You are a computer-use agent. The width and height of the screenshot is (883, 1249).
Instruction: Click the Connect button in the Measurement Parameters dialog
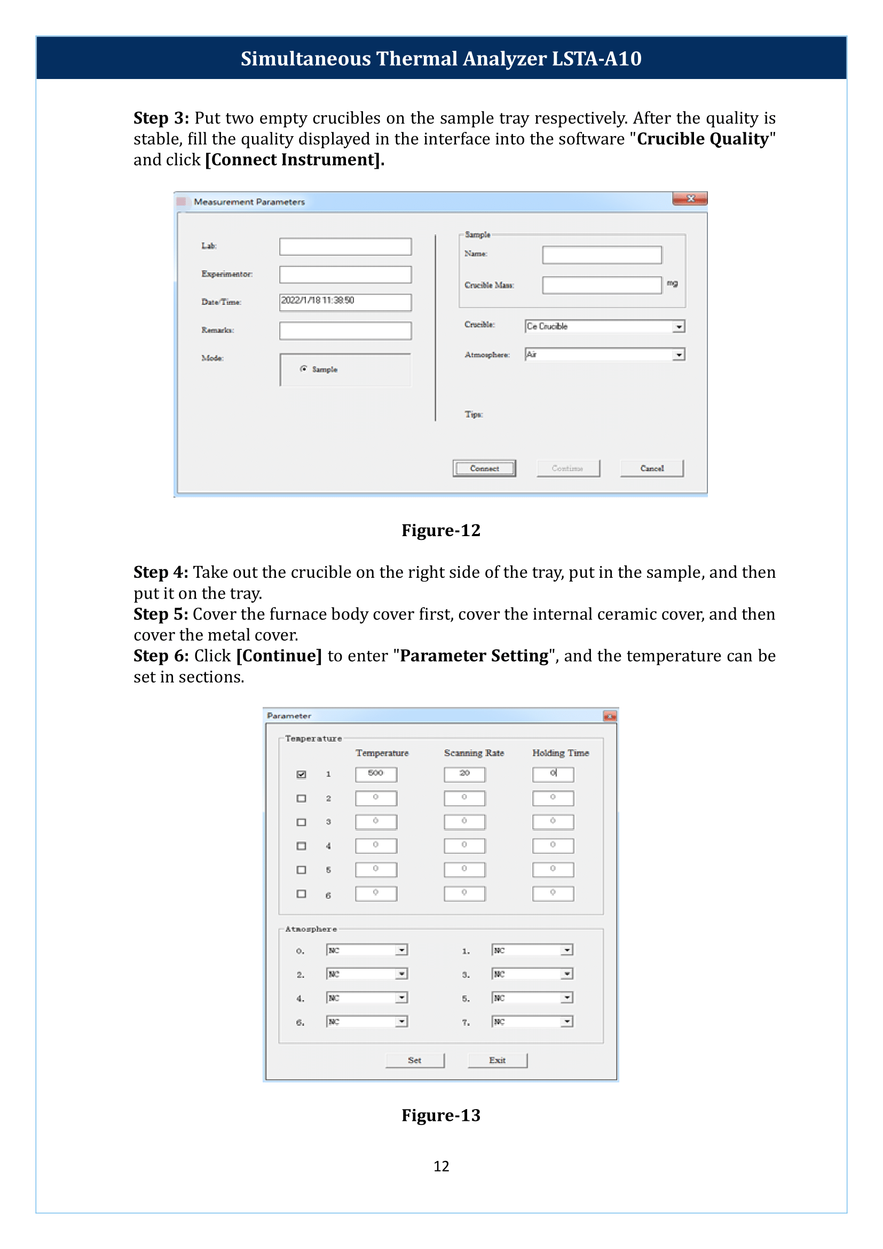pos(484,468)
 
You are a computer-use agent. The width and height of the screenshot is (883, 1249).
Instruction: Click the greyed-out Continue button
pos(567,468)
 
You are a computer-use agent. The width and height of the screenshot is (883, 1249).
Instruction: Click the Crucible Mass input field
pos(601,285)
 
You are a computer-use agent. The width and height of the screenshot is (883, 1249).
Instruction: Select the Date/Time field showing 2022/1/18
pos(345,302)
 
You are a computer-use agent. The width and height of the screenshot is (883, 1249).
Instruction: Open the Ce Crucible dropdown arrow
pos(679,326)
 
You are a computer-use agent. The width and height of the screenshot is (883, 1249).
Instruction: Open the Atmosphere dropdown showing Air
pos(679,355)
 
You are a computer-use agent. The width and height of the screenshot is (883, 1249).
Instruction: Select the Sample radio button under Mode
pos(303,369)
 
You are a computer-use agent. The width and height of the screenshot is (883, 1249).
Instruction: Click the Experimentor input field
pos(345,274)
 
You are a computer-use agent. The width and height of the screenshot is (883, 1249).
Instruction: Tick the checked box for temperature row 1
pos(301,774)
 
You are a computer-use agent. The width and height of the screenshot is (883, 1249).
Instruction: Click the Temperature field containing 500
pos(376,774)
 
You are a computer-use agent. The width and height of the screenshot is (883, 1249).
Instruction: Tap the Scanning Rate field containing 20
pos(464,774)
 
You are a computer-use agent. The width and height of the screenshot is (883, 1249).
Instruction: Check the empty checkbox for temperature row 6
pos(301,894)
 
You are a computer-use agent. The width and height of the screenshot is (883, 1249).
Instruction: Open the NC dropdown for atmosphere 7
pos(567,1022)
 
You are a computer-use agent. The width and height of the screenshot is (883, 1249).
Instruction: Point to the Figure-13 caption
pos(441,1115)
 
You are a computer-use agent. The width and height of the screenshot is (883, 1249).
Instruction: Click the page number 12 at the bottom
pos(441,1166)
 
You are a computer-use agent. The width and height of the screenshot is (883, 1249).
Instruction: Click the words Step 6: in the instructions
pos(161,656)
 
